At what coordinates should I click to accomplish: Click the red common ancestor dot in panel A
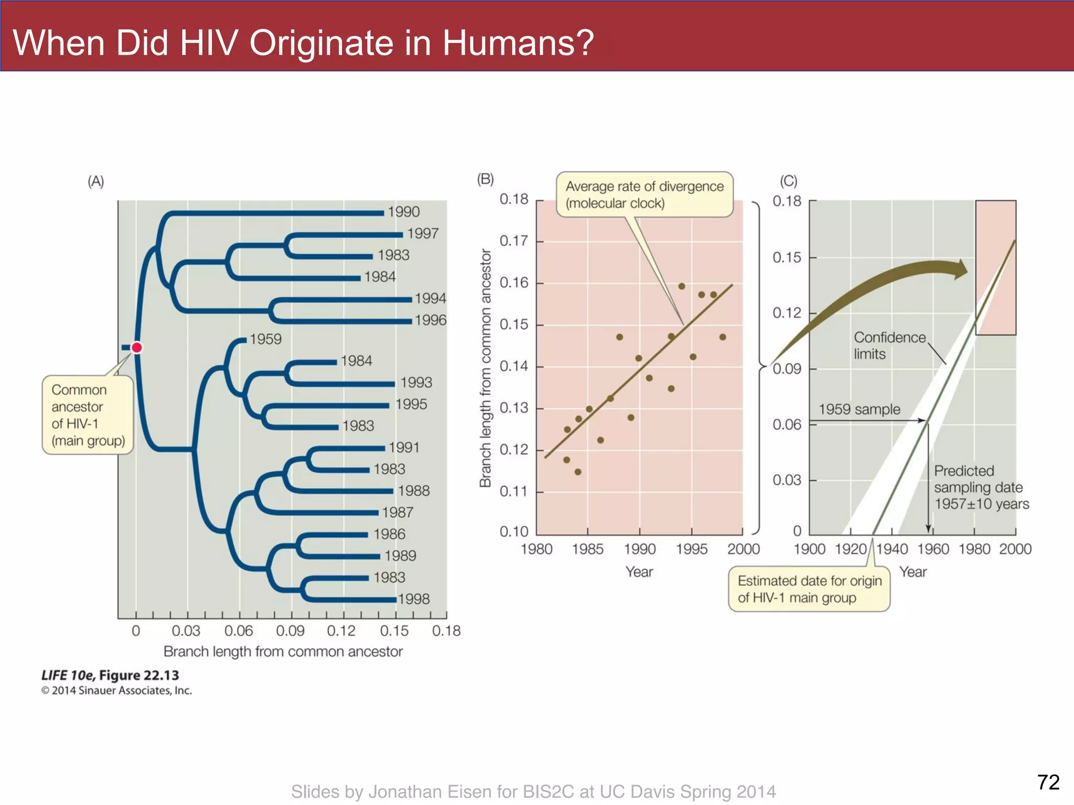point(137,347)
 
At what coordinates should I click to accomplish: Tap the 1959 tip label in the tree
point(265,339)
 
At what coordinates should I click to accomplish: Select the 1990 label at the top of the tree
point(403,212)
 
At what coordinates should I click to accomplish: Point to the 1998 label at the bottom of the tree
point(414,599)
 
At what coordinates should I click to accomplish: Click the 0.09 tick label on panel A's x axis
point(290,630)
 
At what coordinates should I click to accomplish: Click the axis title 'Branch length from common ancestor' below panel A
point(283,651)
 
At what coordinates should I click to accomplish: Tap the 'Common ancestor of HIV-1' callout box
point(88,415)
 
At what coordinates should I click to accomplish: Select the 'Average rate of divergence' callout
point(644,194)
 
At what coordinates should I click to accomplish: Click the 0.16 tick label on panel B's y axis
point(513,283)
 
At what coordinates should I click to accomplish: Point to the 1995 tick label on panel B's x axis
point(691,549)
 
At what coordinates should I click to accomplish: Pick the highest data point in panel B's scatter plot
point(682,286)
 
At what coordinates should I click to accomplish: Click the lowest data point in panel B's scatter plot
point(578,472)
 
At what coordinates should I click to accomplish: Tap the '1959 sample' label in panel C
point(859,409)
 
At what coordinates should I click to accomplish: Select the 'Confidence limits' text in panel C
point(889,345)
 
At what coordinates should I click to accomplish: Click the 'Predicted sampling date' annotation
point(981,487)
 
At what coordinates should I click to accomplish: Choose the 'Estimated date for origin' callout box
point(809,589)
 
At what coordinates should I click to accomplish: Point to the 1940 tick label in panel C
point(892,549)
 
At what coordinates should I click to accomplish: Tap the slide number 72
point(1048,782)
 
